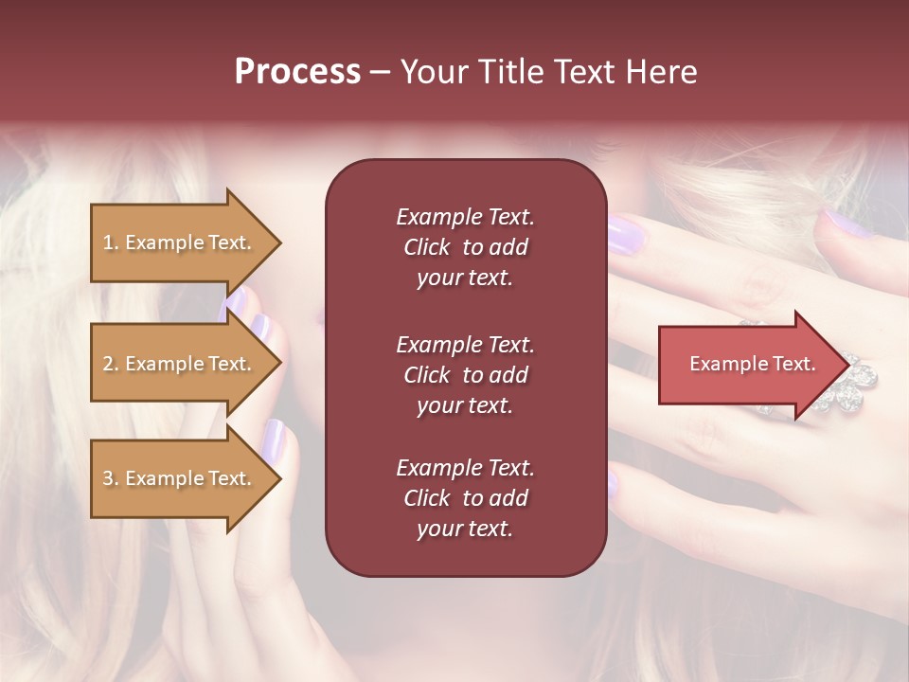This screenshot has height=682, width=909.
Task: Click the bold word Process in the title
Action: click(x=297, y=72)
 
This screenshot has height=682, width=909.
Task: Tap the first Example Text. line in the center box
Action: click(x=465, y=217)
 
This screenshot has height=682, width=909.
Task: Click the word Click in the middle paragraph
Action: click(x=426, y=375)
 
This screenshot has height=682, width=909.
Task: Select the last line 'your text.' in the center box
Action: click(x=465, y=529)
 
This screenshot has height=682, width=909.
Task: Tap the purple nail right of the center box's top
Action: click(x=625, y=234)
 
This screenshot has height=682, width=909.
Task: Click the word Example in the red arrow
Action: click(x=722, y=365)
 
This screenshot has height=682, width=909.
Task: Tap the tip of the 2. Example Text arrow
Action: click(x=280, y=364)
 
